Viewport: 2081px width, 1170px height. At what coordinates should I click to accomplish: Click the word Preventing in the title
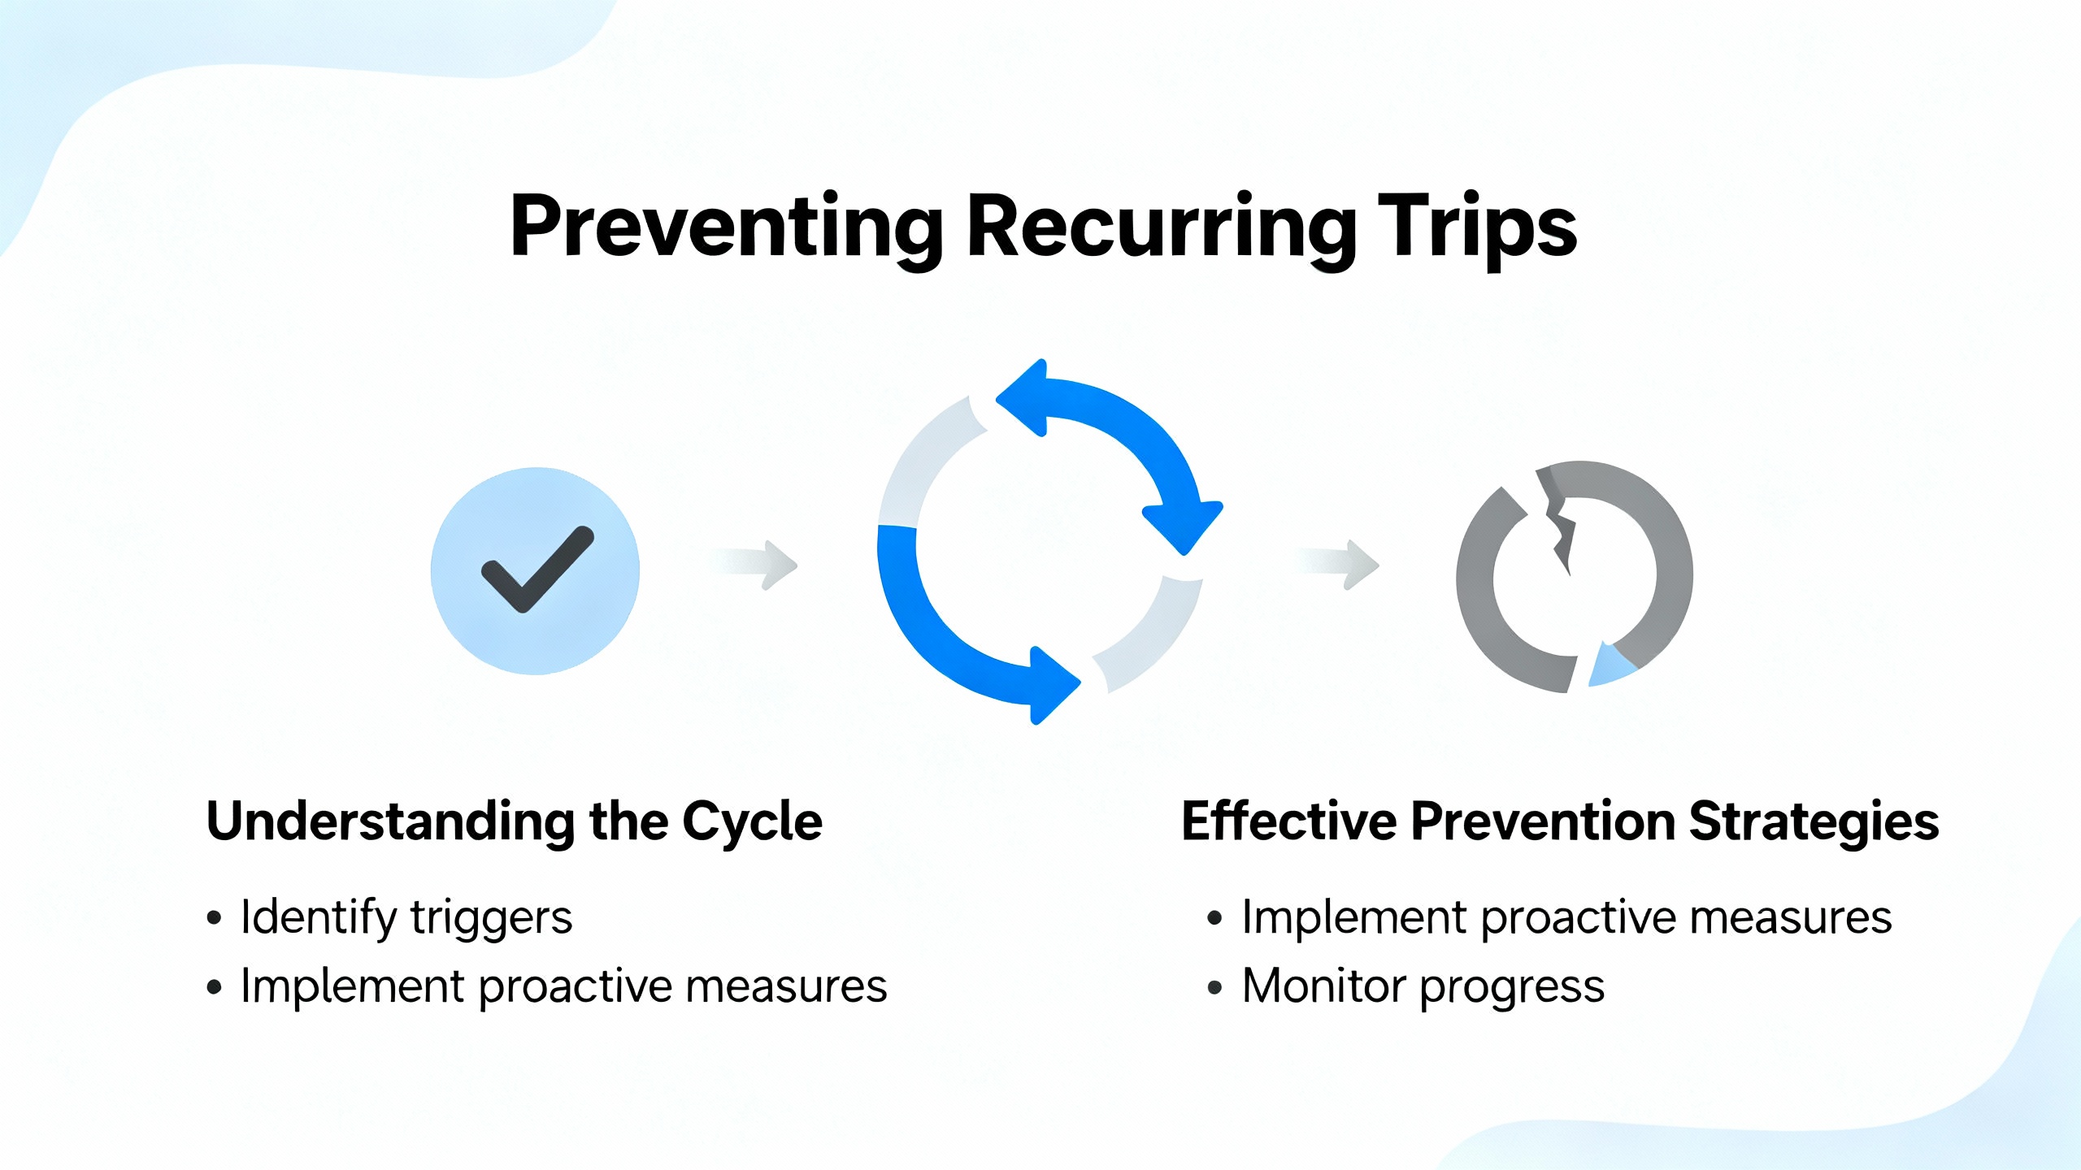726,227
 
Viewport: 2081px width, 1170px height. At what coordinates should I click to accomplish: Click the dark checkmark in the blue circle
537,569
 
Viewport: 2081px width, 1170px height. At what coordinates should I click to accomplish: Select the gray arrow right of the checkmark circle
756,563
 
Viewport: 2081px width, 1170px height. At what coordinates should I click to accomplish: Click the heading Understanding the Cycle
514,821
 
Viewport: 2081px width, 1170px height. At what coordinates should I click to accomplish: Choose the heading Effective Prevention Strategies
1559,821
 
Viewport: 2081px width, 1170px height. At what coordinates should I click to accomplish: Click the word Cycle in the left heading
752,821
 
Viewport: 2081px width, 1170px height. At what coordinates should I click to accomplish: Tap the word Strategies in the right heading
1814,821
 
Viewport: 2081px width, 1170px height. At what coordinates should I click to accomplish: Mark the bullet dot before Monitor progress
1214,988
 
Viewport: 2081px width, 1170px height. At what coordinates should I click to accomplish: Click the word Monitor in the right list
1324,986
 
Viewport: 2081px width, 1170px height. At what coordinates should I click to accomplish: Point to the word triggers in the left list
491,918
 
